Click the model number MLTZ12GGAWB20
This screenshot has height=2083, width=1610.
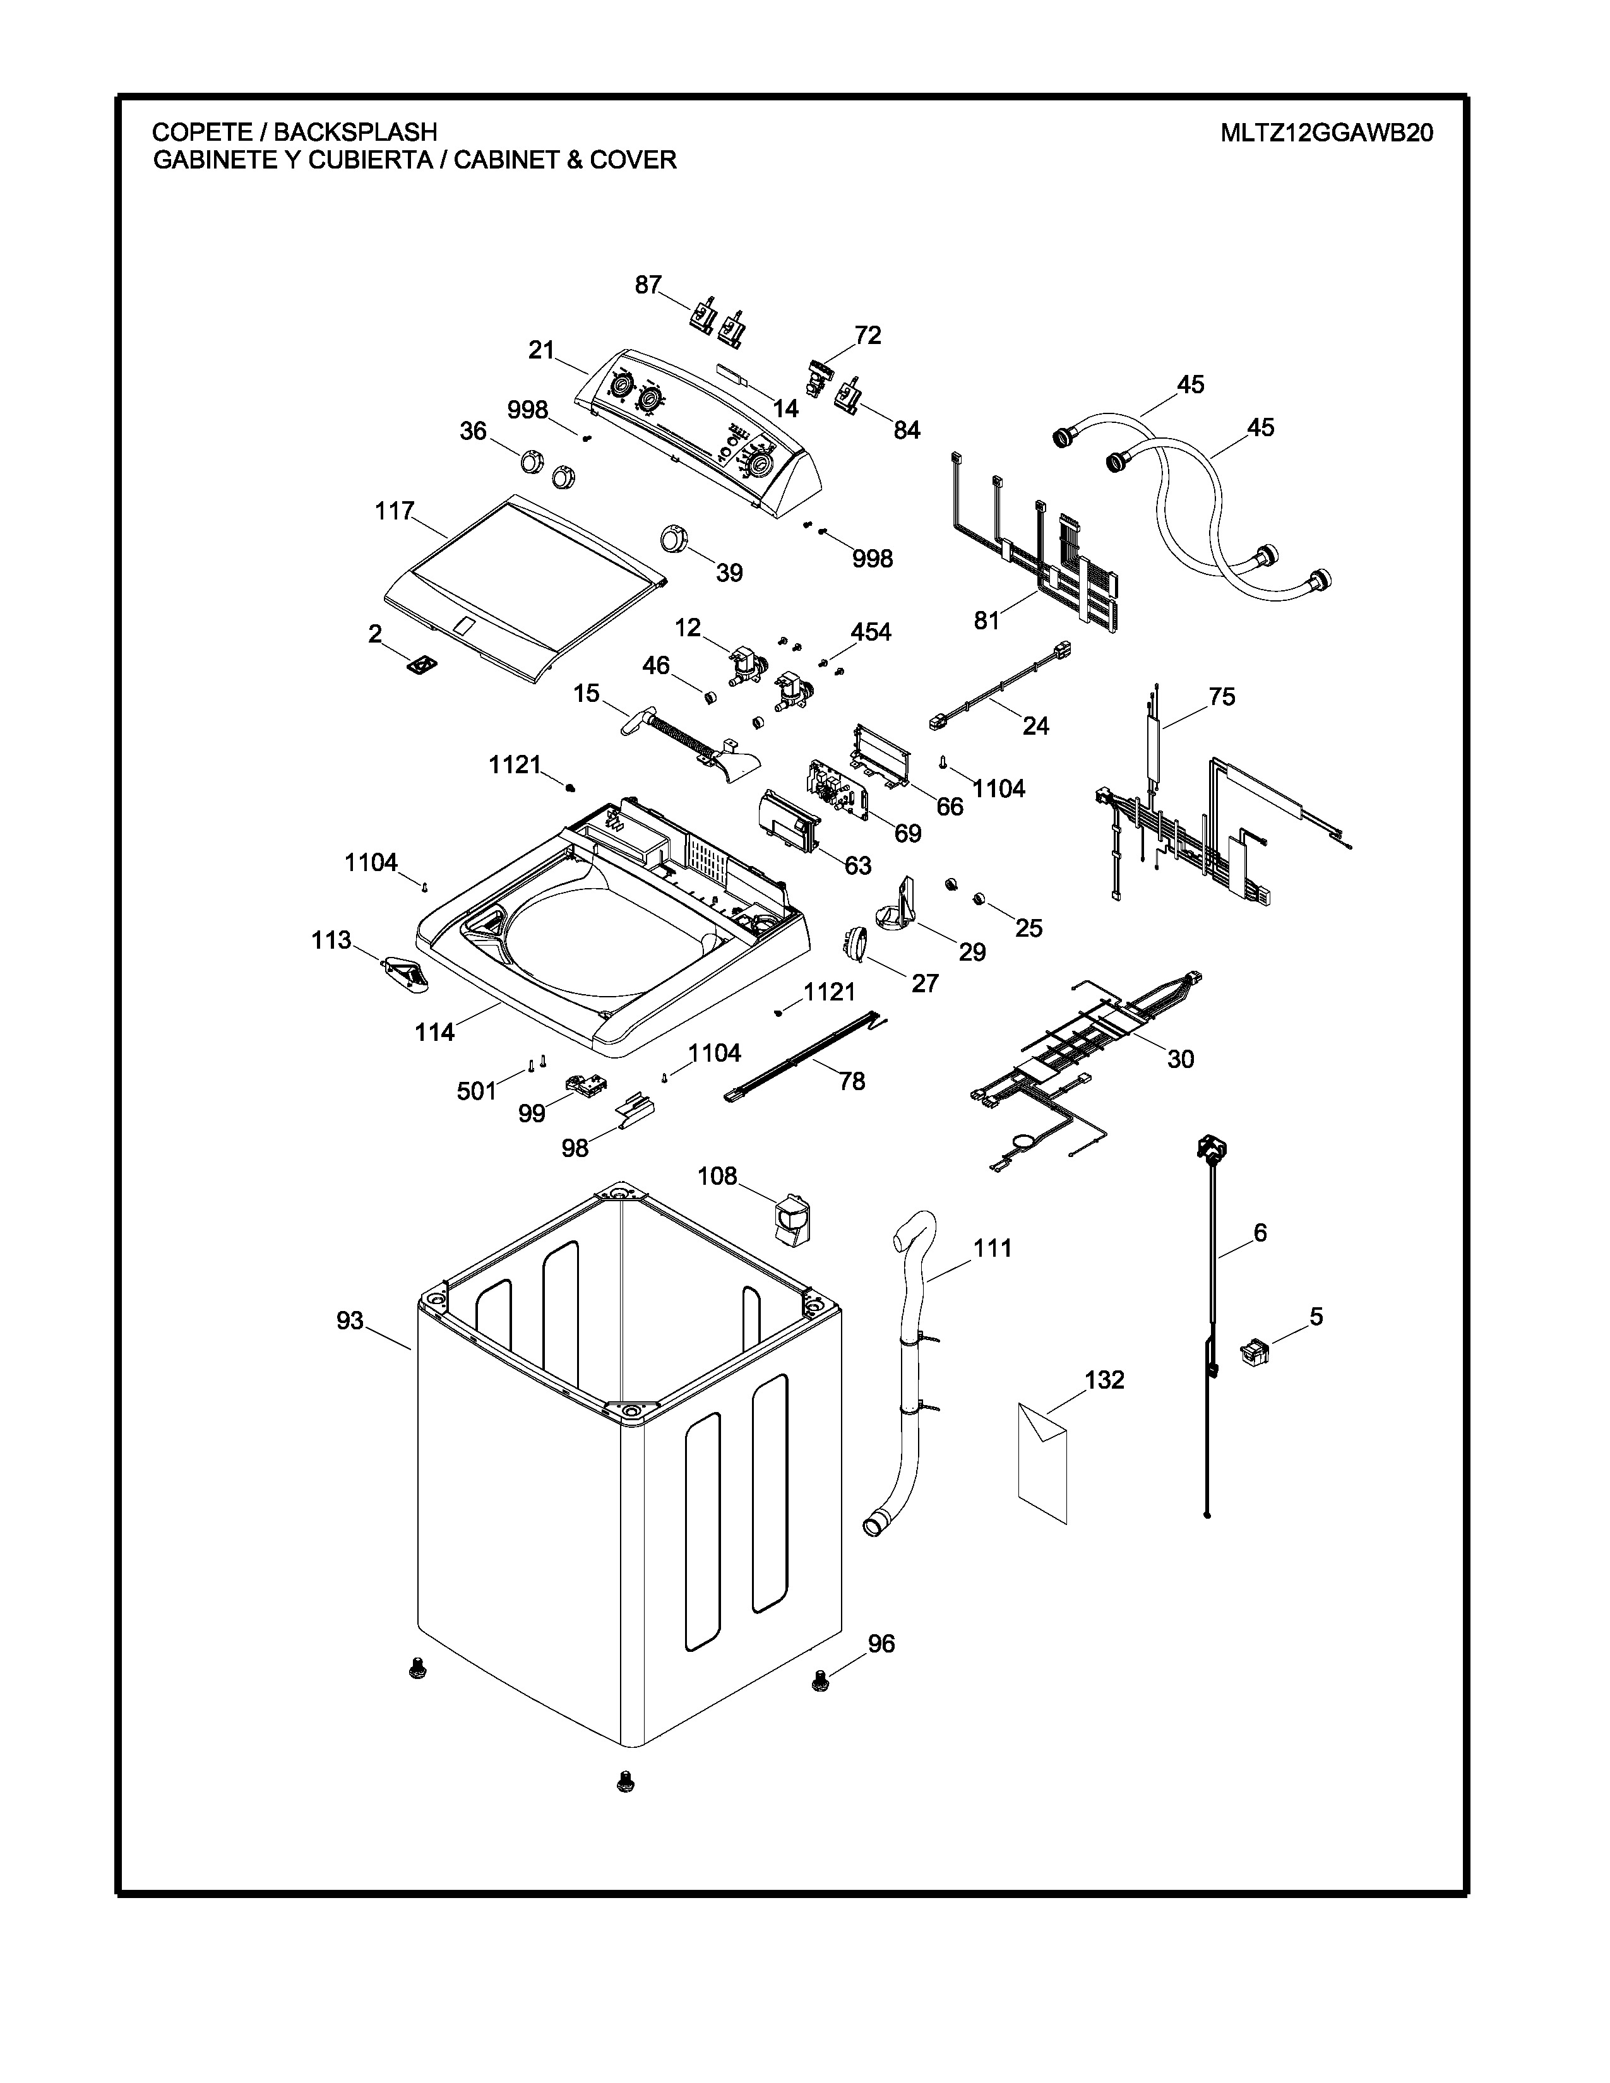click(x=1327, y=133)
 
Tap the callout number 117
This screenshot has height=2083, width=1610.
click(x=394, y=512)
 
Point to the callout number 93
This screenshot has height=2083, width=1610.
click(x=350, y=1321)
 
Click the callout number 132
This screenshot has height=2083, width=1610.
click(x=1104, y=1380)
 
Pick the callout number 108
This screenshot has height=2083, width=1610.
click(x=717, y=1176)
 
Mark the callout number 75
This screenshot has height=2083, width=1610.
click(x=1222, y=697)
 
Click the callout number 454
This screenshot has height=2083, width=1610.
click(x=871, y=631)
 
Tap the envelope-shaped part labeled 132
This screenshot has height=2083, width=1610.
click(x=1042, y=1462)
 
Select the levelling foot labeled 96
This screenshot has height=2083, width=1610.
click(x=818, y=1682)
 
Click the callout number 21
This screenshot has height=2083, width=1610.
click(x=542, y=351)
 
